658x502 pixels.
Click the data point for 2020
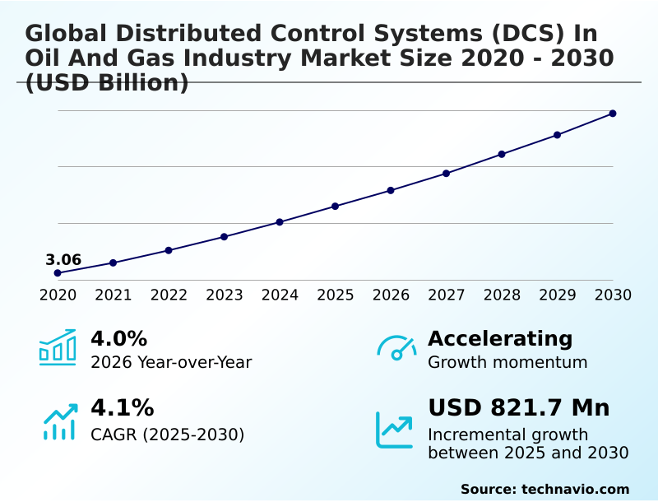click(x=58, y=273)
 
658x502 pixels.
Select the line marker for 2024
click(x=280, y=222)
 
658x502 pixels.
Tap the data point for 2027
click(x=446, y=174)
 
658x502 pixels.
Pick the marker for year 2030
click(x=613, y=114)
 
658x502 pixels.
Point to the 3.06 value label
click(x=63, y=260)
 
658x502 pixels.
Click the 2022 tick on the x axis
click(x=169, y=295)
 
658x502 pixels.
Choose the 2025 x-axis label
click(x=336, y=295)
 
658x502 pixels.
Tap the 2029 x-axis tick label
click(x=558, y=295)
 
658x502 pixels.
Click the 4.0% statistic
click(x=118, y=339)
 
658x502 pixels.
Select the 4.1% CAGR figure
click(x=122, y=408)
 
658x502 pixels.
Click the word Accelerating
click(x=500, y=339)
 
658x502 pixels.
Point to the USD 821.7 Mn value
click(x=519, y=408)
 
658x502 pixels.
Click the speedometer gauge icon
click(x=396, y=347)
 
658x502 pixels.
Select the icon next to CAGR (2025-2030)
click(x=59, y=421)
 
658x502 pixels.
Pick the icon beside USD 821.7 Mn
click(x=395, y=429)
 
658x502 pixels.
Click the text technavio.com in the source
click(x=575, y=489)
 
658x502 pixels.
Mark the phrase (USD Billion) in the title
click(x=107, y=83)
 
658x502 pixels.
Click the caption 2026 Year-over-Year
click(x=171, y=362)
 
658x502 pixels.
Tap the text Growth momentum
click(x=507, y=362)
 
